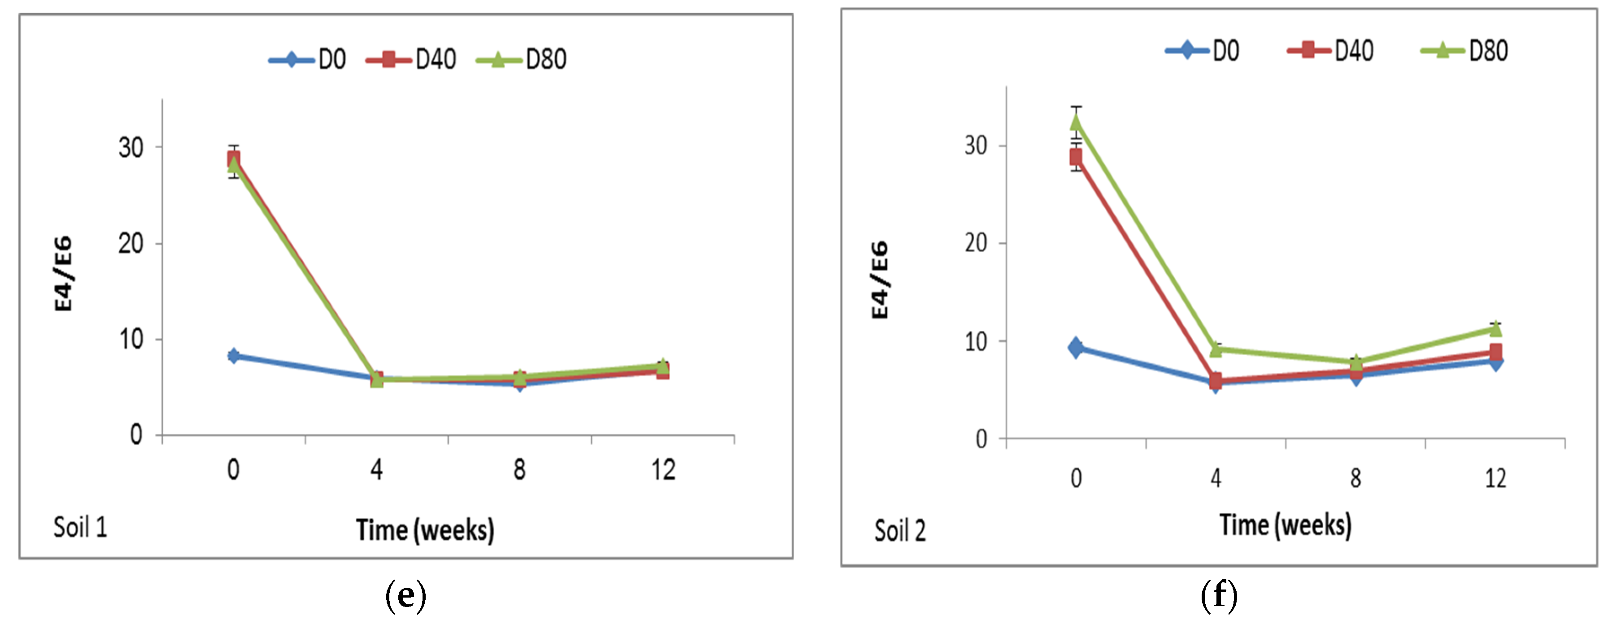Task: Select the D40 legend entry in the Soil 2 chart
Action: click(1331, 50)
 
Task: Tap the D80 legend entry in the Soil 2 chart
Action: click(1464, 50)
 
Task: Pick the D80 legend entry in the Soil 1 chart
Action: click(522, 60)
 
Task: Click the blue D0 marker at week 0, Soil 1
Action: click(234, 356)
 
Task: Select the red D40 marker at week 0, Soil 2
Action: click(1076, 157)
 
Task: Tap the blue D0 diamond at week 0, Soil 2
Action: click(1076, 347)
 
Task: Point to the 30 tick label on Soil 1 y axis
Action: click(131, 148)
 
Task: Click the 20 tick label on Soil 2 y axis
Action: click(976, 243)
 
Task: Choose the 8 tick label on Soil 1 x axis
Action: click(520, 470)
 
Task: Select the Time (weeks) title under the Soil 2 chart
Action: click(1286, 525)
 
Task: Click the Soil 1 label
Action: click(80, 527)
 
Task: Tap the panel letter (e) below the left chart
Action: click(405, 595)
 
